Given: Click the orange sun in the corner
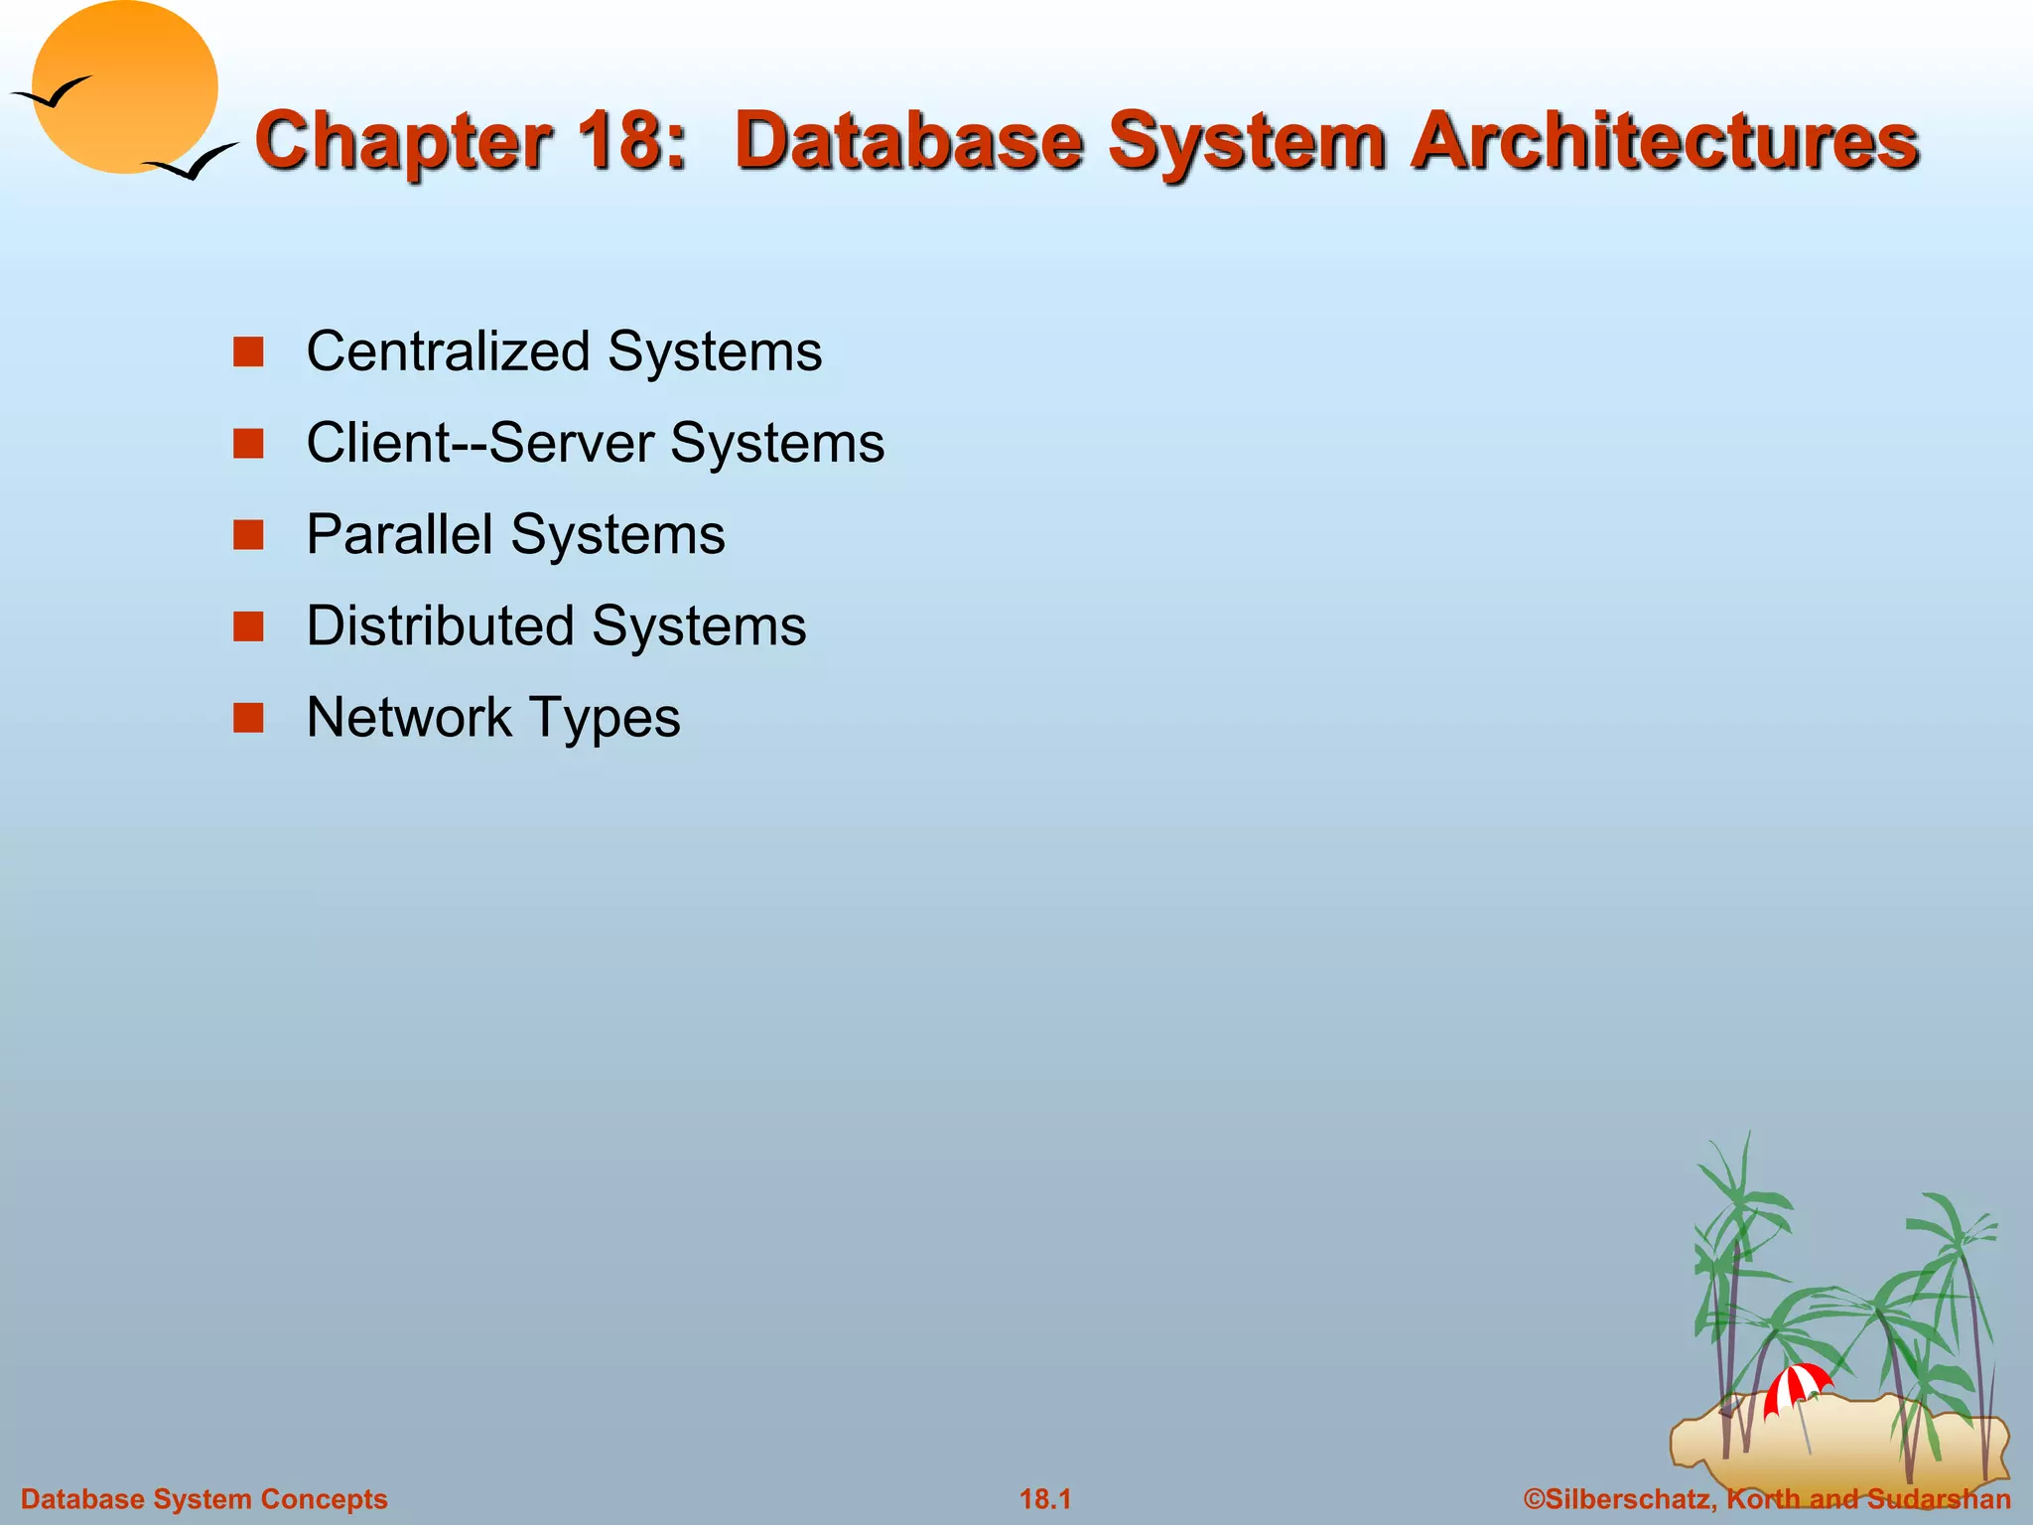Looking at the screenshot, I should click(125, 87).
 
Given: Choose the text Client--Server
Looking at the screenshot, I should click(480, 443).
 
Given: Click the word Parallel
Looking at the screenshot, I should click(399, 534).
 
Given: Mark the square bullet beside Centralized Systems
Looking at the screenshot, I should click(248, 351).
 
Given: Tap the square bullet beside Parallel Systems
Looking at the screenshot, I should click(248, 534).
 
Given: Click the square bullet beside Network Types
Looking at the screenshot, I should click(248, 717).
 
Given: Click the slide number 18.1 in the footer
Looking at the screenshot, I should click(1045, 1499).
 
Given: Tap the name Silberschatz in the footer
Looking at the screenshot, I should click(1628, 1499).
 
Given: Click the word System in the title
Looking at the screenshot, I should click(1247, 141).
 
